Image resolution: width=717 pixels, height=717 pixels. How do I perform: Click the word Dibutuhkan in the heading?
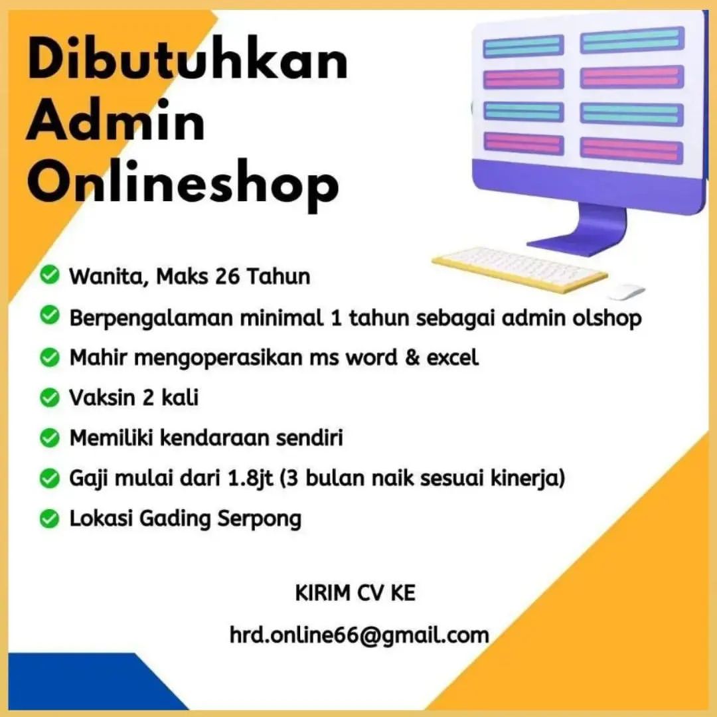coord(187,62)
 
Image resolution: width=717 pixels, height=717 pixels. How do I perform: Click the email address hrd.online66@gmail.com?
coord(359,635)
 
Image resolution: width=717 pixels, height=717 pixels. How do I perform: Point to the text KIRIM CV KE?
coord(355,593)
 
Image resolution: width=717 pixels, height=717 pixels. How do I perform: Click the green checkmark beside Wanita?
coord(49,274)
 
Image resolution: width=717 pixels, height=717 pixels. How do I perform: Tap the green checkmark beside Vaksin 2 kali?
coord(49,398)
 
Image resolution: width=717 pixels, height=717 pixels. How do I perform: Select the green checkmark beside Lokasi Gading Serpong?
coord(49,518)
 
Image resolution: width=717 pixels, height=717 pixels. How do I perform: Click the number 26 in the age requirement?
coord(228,275)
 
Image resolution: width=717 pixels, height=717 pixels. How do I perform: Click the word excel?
coord(452,358)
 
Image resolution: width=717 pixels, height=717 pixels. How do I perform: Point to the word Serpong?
coord(260,518)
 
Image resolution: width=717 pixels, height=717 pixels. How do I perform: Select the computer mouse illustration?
coord(627,291)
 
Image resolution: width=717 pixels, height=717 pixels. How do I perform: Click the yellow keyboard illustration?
coord(519,268)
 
